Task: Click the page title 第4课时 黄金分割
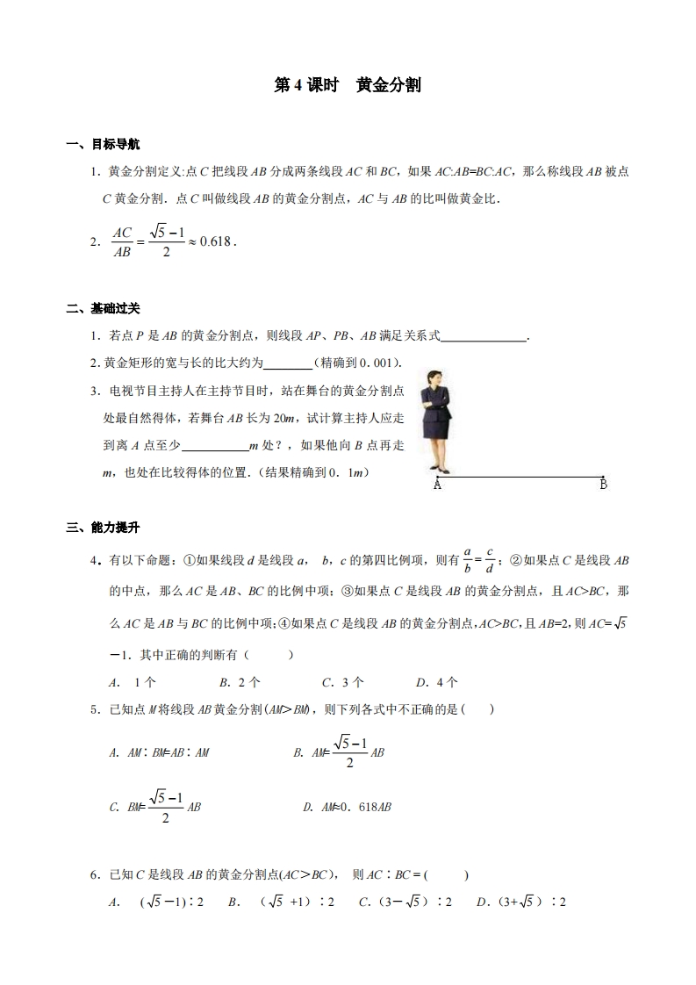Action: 348,85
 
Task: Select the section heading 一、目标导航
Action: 103,144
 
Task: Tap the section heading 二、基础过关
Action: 103,308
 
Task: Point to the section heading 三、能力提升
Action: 103,528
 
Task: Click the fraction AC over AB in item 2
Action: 122,241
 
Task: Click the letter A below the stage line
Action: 437,485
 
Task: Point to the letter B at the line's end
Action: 603,485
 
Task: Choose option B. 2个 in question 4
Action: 240,681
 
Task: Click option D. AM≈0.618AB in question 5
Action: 347,807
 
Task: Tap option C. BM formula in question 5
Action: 155,807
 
